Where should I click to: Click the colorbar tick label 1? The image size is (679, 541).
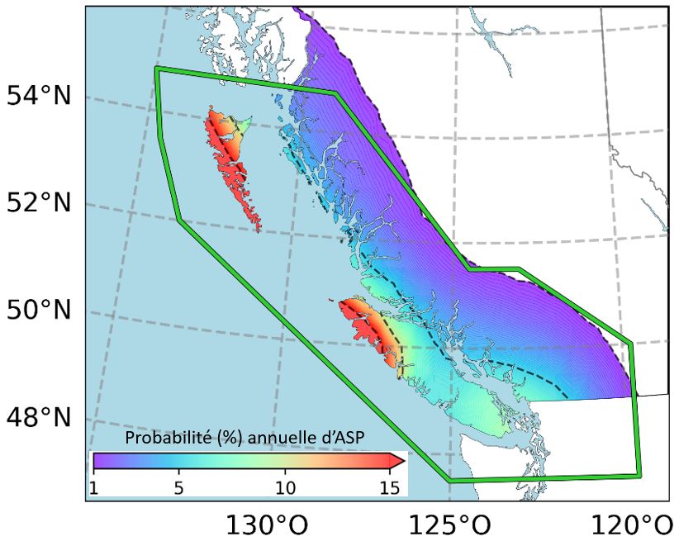click(x=94, y=487)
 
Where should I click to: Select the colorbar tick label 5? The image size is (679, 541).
click(x=178, y=487)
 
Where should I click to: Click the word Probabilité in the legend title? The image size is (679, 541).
click(x=164, y=437)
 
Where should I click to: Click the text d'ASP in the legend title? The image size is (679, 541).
click(x=339, y=437)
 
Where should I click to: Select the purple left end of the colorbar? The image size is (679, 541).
click(x=97, y=461)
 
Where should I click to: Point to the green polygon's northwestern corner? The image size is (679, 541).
click(x=157, y=69)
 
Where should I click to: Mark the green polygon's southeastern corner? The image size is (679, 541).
click(x=639, y=475)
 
